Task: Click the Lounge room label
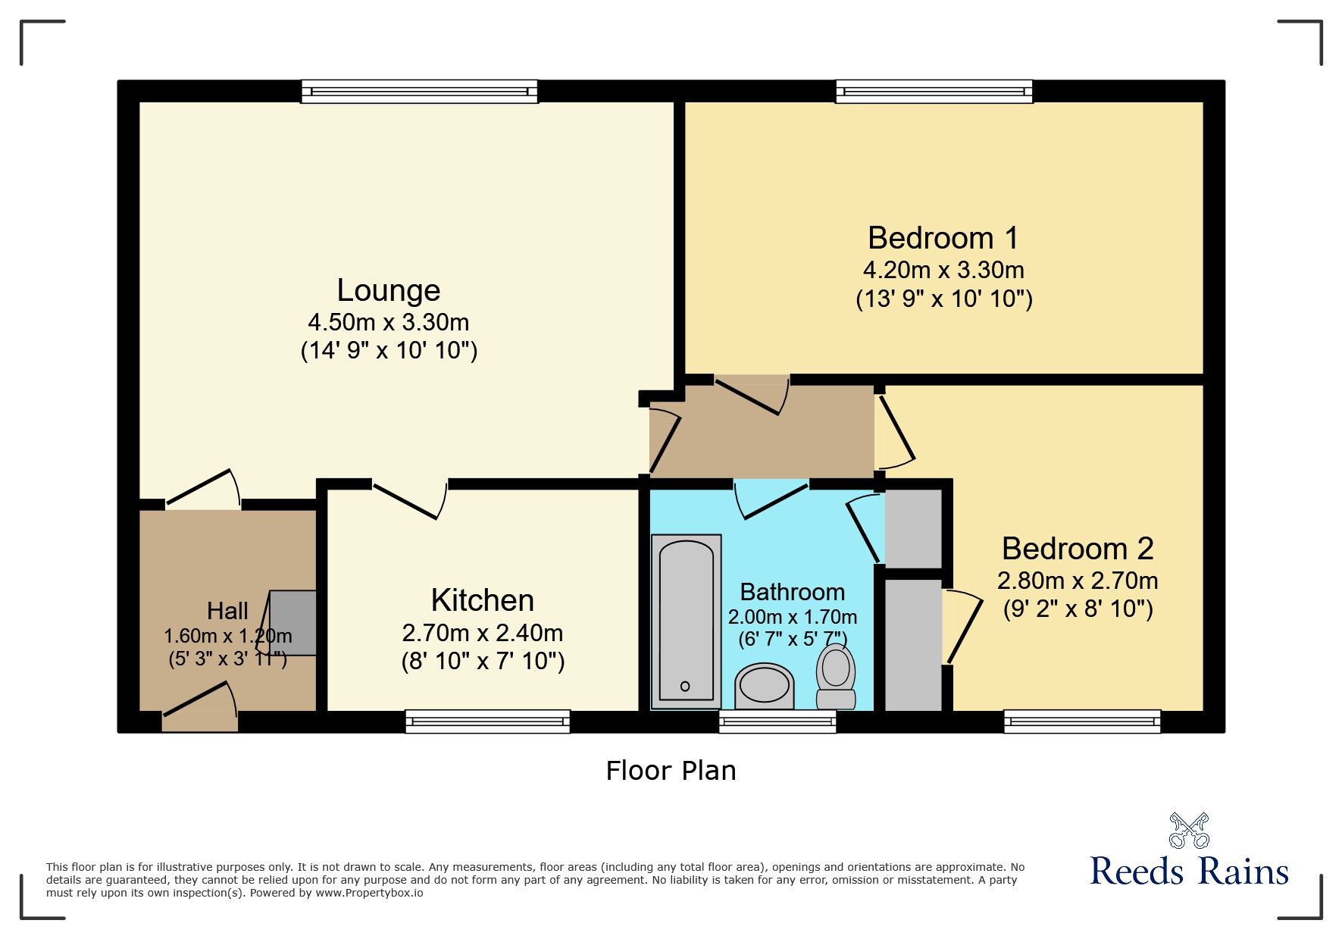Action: (388, 290)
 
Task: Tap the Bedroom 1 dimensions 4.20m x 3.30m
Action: (943, 270)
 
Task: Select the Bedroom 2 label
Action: (1077, 549)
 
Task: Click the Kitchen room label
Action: (483, 600)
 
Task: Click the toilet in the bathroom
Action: (836, 676)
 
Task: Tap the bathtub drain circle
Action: (685, 687)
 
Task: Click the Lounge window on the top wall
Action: (419, 92)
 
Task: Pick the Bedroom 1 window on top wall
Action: (934, 92)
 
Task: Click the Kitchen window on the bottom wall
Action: (487, 721)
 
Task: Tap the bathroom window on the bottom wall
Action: (777, 721)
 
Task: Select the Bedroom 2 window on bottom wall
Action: (1082, 721)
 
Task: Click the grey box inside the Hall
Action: (293, 622)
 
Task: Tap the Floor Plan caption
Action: (671, 771)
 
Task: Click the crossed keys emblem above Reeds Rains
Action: (1189, 830)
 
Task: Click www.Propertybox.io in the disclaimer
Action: (369, 893)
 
